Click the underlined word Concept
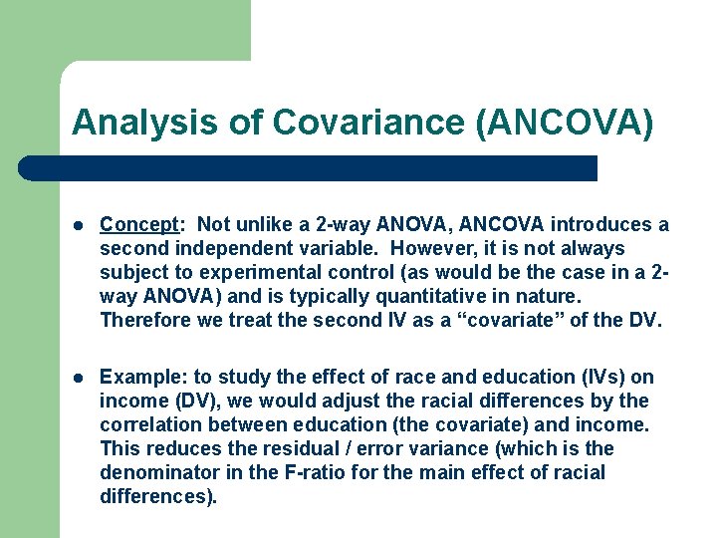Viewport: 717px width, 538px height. click(x=137, y=225)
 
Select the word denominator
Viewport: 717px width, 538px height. click(x=162, y=472)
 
